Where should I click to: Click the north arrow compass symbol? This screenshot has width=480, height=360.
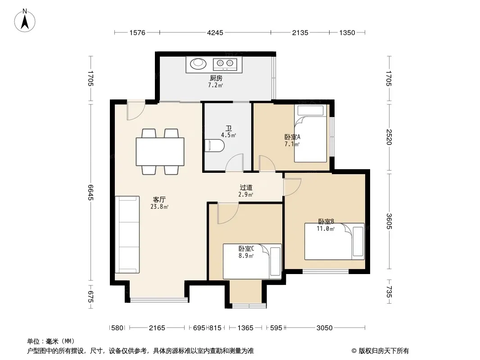click(25, 21)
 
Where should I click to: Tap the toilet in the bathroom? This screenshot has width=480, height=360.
click(214, 146)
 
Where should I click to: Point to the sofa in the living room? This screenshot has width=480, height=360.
click(127, 234)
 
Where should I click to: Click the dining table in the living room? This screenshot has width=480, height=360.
click(160, 152)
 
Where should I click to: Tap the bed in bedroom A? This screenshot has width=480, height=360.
click(311, 133)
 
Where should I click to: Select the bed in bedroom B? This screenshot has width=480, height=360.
click(334, 242)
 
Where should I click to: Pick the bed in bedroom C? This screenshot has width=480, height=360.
click(252, 261)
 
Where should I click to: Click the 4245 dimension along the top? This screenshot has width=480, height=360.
click(215, 32)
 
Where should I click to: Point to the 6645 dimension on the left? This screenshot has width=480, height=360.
click(91, 193)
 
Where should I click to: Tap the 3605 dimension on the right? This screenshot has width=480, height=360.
click(389, 221)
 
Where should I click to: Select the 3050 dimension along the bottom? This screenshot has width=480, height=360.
click(325, 328)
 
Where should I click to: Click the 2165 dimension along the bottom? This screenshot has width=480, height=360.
click(157, 328)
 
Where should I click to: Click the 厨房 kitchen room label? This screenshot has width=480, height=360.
click(216, 78)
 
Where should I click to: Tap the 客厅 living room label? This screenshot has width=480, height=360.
click(159, 200)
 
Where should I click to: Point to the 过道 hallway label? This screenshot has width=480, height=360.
click(246, 188)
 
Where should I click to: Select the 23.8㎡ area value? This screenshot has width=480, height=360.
click(159, 207)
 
